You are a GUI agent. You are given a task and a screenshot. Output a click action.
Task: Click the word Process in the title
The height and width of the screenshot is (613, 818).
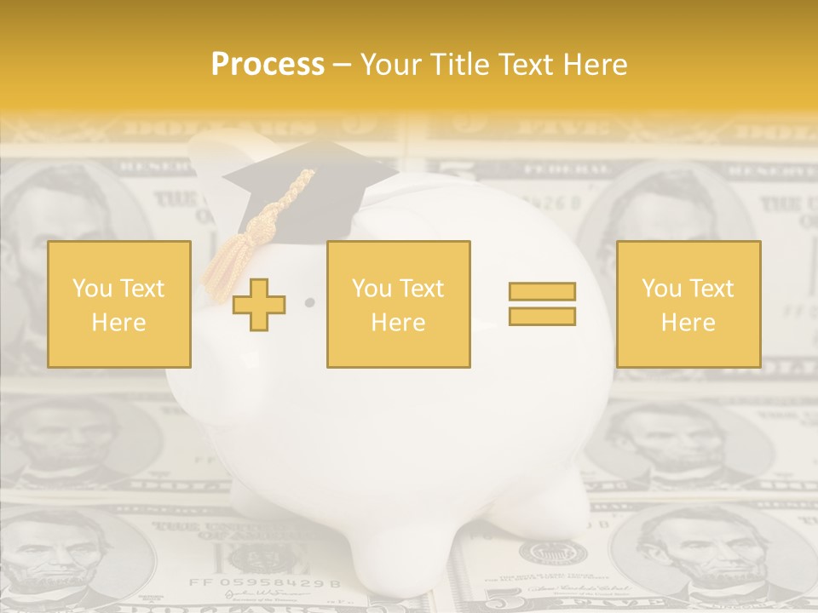[x=268, y=65]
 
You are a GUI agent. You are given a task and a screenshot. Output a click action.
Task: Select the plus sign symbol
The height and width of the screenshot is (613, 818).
[x=259, y=305]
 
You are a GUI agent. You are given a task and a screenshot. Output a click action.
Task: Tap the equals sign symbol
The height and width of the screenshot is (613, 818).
[x=542, y=304]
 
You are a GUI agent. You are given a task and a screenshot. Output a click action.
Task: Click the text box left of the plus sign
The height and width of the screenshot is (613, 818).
[x=119, y=304]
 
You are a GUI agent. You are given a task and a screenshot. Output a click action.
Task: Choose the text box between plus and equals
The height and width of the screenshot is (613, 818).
[x=398, y=304]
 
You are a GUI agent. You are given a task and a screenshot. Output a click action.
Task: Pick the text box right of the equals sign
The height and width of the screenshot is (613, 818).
[x=688, y=304]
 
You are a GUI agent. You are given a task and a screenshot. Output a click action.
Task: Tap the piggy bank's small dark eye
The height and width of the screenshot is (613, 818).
[x=309, y=302]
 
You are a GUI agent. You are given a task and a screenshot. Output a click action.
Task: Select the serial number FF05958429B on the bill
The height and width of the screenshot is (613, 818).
[x=264, y=584]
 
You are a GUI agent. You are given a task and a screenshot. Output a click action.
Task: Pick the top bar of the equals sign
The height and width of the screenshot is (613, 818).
[x=542, y=291]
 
